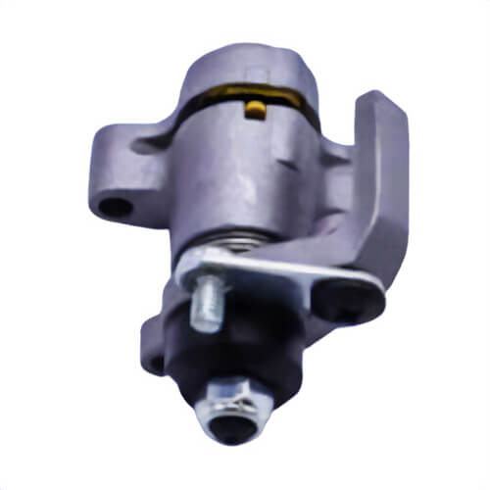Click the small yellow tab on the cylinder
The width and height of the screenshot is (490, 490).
coord(255,108)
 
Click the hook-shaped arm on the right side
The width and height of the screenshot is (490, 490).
coord(377,186)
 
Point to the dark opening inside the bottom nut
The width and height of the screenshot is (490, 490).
coord(233,424)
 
